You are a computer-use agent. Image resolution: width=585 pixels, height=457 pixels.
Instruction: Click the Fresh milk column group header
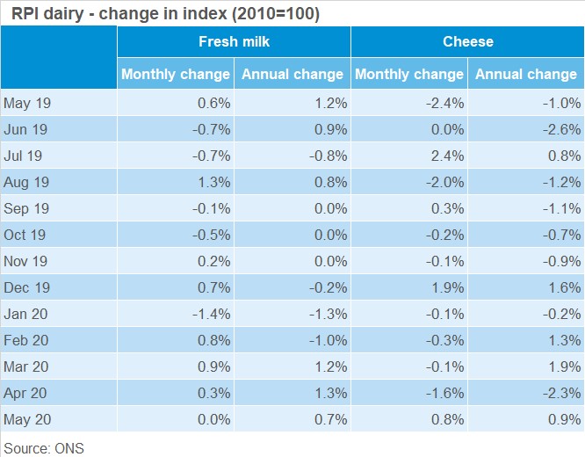click(234, 41)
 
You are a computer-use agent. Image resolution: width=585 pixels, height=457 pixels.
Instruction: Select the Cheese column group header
click(468, 41)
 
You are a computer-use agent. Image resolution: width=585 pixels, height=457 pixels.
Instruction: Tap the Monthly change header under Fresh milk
click(176, 74)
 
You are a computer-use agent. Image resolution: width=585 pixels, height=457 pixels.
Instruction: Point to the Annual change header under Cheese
click(526, 74)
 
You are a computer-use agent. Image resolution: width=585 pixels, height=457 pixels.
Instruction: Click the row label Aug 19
click(26, 182)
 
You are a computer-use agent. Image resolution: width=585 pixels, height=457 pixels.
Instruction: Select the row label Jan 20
click(25, 314)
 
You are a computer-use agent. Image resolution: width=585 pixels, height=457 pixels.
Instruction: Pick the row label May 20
click(27, 419)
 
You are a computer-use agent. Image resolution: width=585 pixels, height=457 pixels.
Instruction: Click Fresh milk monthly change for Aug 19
click(213, 182)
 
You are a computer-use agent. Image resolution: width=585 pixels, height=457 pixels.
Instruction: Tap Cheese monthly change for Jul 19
click(447, 156)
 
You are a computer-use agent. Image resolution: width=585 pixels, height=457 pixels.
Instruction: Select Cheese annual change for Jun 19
click(561, 129)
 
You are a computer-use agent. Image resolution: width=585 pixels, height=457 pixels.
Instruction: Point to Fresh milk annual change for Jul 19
click(328, 156)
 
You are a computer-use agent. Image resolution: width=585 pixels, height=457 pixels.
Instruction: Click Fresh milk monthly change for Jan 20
click(211, 314)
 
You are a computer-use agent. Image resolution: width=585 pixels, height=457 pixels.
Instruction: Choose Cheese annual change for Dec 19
click(564, 287)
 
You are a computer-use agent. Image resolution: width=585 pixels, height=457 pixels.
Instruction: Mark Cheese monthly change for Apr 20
click(444, 393)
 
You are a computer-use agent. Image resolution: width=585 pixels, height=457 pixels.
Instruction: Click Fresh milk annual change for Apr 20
click(330, 393)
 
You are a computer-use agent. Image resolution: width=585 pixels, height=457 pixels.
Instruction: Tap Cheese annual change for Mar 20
click(564, 366)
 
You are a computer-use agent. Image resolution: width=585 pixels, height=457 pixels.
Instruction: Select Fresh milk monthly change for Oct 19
click(211, 235)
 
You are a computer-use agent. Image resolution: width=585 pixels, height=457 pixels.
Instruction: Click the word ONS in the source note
click(69, 448)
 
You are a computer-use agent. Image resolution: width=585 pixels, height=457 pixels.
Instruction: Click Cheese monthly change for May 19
click(444, 103)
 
